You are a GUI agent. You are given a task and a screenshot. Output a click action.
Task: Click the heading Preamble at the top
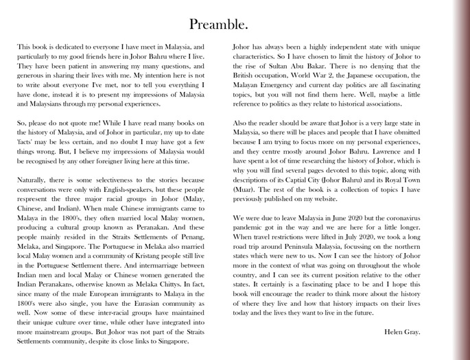(218, 25)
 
